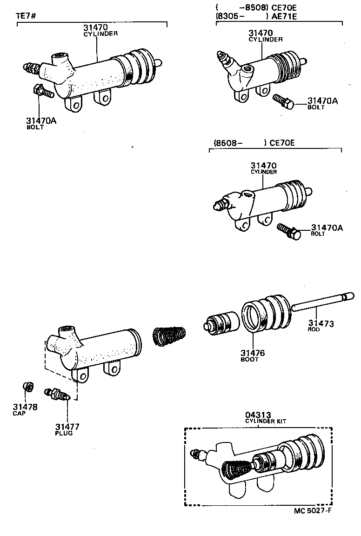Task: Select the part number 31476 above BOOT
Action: click(253, 353)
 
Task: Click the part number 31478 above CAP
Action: click(25, 407)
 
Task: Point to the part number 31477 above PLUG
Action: click(67, 426)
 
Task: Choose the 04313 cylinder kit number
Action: click(258, 415)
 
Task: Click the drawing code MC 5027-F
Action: click(313, 510)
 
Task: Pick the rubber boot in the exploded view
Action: click(266, 314)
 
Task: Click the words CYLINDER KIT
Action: click(266, 421)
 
